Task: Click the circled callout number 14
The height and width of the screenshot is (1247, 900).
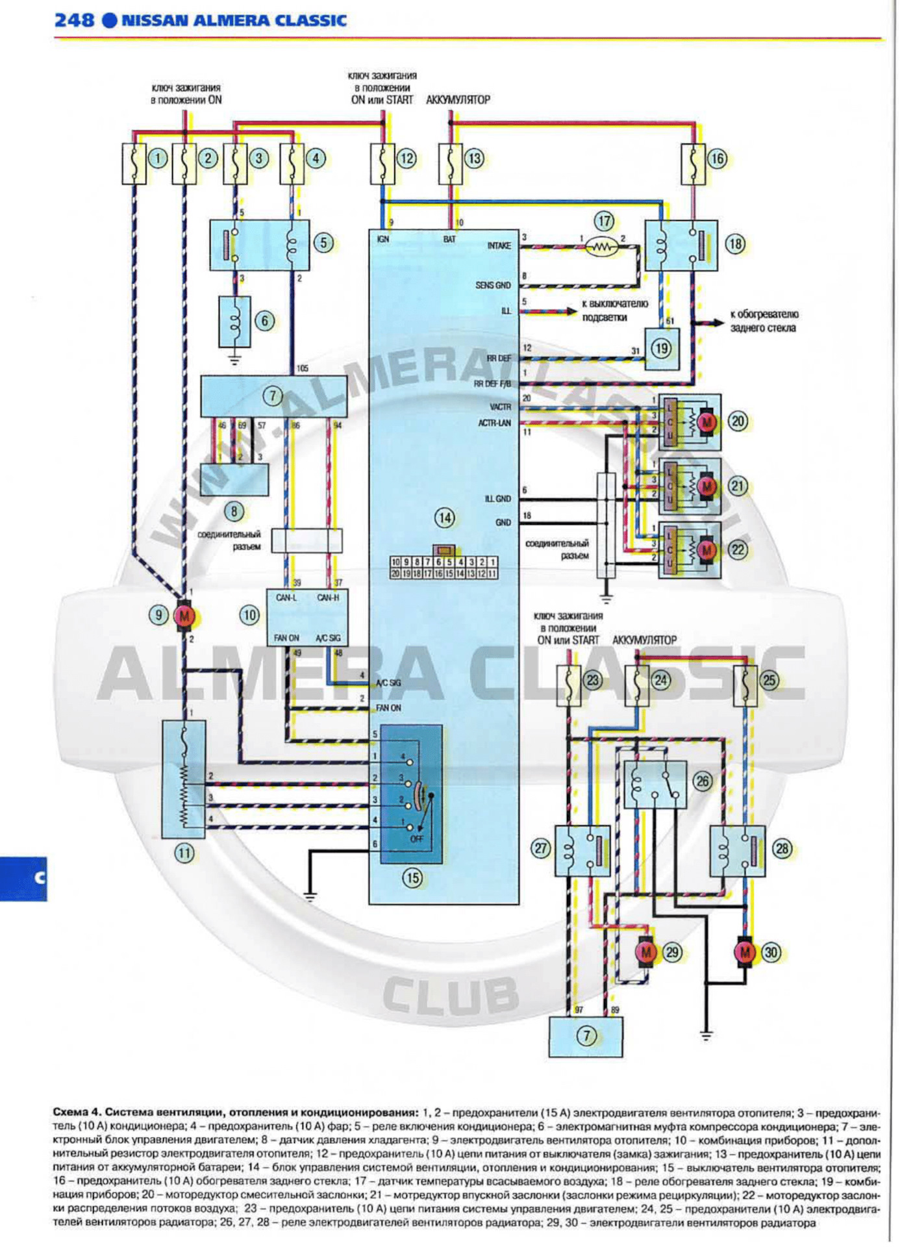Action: tap(445, 518)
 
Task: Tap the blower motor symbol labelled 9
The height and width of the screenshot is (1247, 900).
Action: tap(184, 616)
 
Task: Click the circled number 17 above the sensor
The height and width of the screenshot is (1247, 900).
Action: tap(605, 221)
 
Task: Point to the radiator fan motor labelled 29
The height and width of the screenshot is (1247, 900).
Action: tap(646, 953)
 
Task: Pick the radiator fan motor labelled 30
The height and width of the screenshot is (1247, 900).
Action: tap(745, 953)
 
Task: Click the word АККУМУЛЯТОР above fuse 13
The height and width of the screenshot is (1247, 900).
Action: tap(458, 100)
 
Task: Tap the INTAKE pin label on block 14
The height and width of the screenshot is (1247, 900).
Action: tap(499, 246)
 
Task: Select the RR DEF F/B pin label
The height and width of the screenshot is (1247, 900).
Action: tap(492, 384)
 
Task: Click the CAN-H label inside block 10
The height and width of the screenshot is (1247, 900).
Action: tap(328, 598)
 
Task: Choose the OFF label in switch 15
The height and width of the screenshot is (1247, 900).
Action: tap(416, 839)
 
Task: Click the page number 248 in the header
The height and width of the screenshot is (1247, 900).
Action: tap(74, 20)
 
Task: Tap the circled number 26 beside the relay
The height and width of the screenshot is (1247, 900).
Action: tap(703, 781)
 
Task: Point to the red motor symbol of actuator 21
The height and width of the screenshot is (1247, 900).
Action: tap(706, 486)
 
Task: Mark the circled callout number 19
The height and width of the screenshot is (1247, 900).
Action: tap(662, 349)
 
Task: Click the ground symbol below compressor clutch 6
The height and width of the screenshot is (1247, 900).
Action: tap(234, 359)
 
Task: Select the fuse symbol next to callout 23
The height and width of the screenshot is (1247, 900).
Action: tap(569, 685)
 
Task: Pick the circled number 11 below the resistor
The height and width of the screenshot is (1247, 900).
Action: tap(184, 853)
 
